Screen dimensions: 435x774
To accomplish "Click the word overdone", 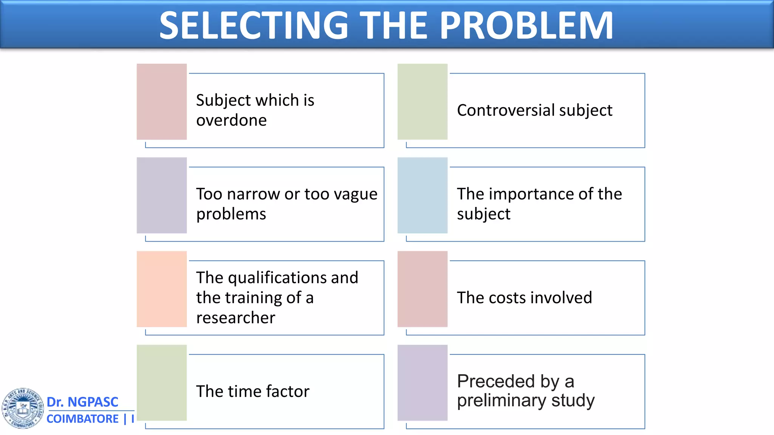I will [231, 120].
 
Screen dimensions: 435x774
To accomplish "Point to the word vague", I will [355, 194].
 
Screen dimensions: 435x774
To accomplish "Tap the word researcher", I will [235, 318].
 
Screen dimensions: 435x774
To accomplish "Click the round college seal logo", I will [23, 408].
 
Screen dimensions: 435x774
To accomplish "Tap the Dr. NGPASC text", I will [82, 402].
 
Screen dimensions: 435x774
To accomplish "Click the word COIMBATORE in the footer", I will [82, 419].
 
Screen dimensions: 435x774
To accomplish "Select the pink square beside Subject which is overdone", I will [162, 102].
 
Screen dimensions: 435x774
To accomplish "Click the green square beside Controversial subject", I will [423, 102].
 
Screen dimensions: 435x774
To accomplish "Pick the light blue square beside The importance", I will [423, 195].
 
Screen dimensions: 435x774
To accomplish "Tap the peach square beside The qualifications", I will [162, 289].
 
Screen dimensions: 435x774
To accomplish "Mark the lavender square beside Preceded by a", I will [423, 383].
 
